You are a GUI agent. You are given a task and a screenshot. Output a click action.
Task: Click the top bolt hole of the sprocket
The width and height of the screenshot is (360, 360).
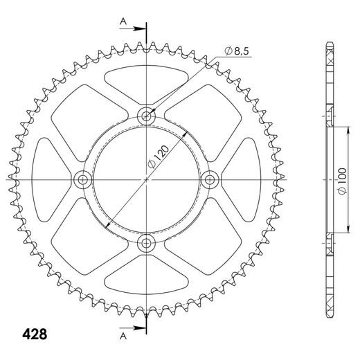click(147, 116)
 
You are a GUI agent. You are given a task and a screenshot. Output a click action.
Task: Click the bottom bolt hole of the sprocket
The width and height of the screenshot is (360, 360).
click(147, 242)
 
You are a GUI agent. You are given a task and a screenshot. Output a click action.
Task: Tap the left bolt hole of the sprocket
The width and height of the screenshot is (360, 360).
click(84, 180)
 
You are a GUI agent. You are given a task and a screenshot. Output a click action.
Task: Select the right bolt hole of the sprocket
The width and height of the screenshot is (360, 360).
click(209, 179)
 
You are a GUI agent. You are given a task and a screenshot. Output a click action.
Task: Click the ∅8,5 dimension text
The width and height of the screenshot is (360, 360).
click(235, 50)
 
